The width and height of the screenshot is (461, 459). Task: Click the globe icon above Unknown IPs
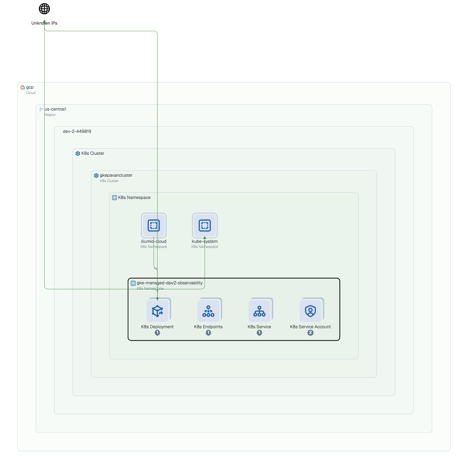[44, 9]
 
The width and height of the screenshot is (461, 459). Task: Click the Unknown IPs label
[44, 23]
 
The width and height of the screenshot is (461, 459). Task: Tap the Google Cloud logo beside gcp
[23, 87]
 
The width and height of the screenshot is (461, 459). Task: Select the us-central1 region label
[55, 109]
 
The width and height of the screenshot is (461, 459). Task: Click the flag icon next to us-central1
[41, 109]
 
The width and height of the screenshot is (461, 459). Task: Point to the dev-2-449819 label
[77, 131]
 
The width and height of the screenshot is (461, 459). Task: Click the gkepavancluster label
[116, 175]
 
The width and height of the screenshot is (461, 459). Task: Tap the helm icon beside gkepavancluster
[96, 176]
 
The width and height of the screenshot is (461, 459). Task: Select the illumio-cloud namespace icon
[154, 225]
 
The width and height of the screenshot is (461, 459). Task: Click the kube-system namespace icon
[205, 225]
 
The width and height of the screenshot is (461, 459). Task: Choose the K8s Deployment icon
[158, 311]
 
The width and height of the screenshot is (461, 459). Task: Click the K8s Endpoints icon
[209, 311]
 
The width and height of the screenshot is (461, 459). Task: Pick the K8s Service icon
[260, 311]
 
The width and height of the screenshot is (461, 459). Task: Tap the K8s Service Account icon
[311, 311]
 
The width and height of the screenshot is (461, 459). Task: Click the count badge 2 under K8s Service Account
[311, 333]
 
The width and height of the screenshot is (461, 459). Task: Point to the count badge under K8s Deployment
[158, 333]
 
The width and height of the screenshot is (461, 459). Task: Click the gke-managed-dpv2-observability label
[169, 283]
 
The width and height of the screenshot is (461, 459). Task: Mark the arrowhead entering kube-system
[205, 238]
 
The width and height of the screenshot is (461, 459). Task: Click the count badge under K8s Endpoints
[209, 333]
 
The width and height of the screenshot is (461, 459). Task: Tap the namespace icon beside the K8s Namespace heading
[115, 198]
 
